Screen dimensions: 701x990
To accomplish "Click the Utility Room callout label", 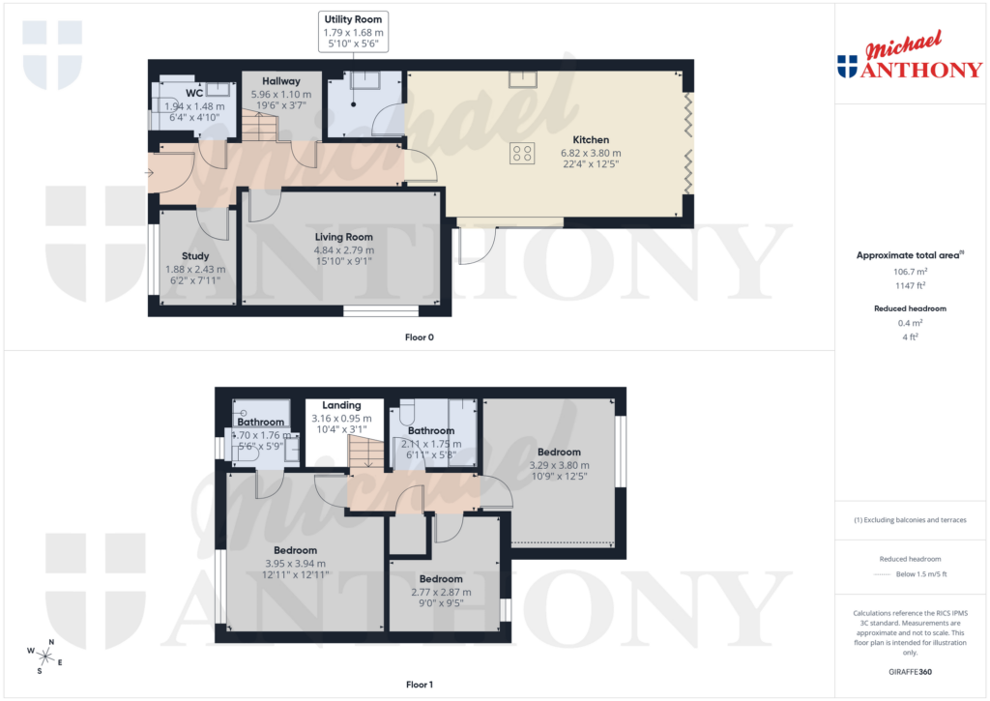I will [353, 19].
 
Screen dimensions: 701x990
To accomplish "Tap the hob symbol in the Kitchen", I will [522, 152].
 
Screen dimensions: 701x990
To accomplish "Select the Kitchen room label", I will [591, 139].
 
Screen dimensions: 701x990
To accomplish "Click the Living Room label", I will [343, 237].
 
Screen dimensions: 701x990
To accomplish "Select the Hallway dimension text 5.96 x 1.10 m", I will [281, 95].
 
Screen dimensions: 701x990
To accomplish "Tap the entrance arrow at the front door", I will [148, 174].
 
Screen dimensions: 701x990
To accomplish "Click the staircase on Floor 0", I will [259, 127].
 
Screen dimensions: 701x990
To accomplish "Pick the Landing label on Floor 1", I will [341, 405].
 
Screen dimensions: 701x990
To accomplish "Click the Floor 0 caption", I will [420, 337].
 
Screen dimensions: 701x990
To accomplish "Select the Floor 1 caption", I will [420, 685].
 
